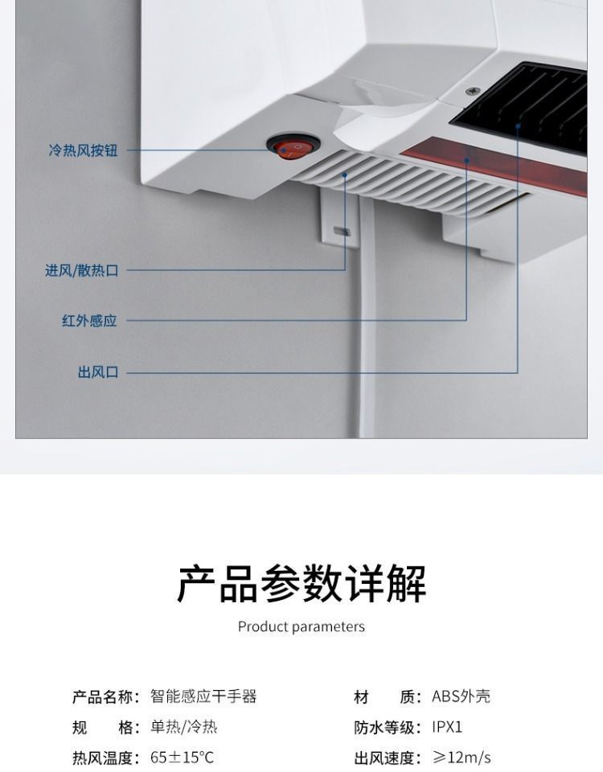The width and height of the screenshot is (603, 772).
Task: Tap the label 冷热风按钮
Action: (x=83, y=150)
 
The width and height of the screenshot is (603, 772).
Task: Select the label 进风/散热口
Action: (x=81, y=271)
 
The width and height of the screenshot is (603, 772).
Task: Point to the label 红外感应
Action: (x=89, y=321)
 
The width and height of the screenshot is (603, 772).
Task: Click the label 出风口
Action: (x=97, y=372)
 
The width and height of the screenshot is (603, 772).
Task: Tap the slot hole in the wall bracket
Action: (x=341, y=232)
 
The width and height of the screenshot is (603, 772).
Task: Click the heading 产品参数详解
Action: (x=301, y=584)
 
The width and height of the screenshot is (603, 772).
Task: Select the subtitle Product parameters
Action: (x=301, y=626)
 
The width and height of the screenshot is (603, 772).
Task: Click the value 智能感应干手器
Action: (x=203, y=696)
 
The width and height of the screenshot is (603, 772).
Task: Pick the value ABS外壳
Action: (x=461, y=696)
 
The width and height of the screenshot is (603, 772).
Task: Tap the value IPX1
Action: (x=447, y=727)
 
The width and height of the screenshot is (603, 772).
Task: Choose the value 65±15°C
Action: (x=183, y=758)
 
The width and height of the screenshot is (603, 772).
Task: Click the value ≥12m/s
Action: (x=461, y=758)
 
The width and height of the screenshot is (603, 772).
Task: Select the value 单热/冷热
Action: (x=183, y=727)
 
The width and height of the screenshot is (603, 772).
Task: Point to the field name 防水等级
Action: (x=386, y=727)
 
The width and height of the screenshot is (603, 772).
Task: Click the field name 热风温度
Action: (x=105, y=758)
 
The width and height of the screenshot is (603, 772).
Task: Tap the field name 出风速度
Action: (x=386, y=758)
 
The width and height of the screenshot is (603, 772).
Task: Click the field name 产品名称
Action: (x=105, y=696)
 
